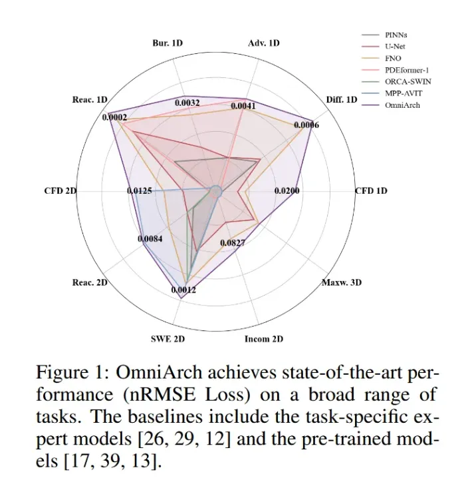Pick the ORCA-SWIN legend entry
click(402, 81)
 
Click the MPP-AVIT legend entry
click(401, 93)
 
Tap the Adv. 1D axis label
click(264, 43)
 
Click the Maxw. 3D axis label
click(342, 282)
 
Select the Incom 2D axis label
click(264, 339)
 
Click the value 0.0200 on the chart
click(287, 191)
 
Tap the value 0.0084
click(151, 238)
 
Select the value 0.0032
click(187, 103)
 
